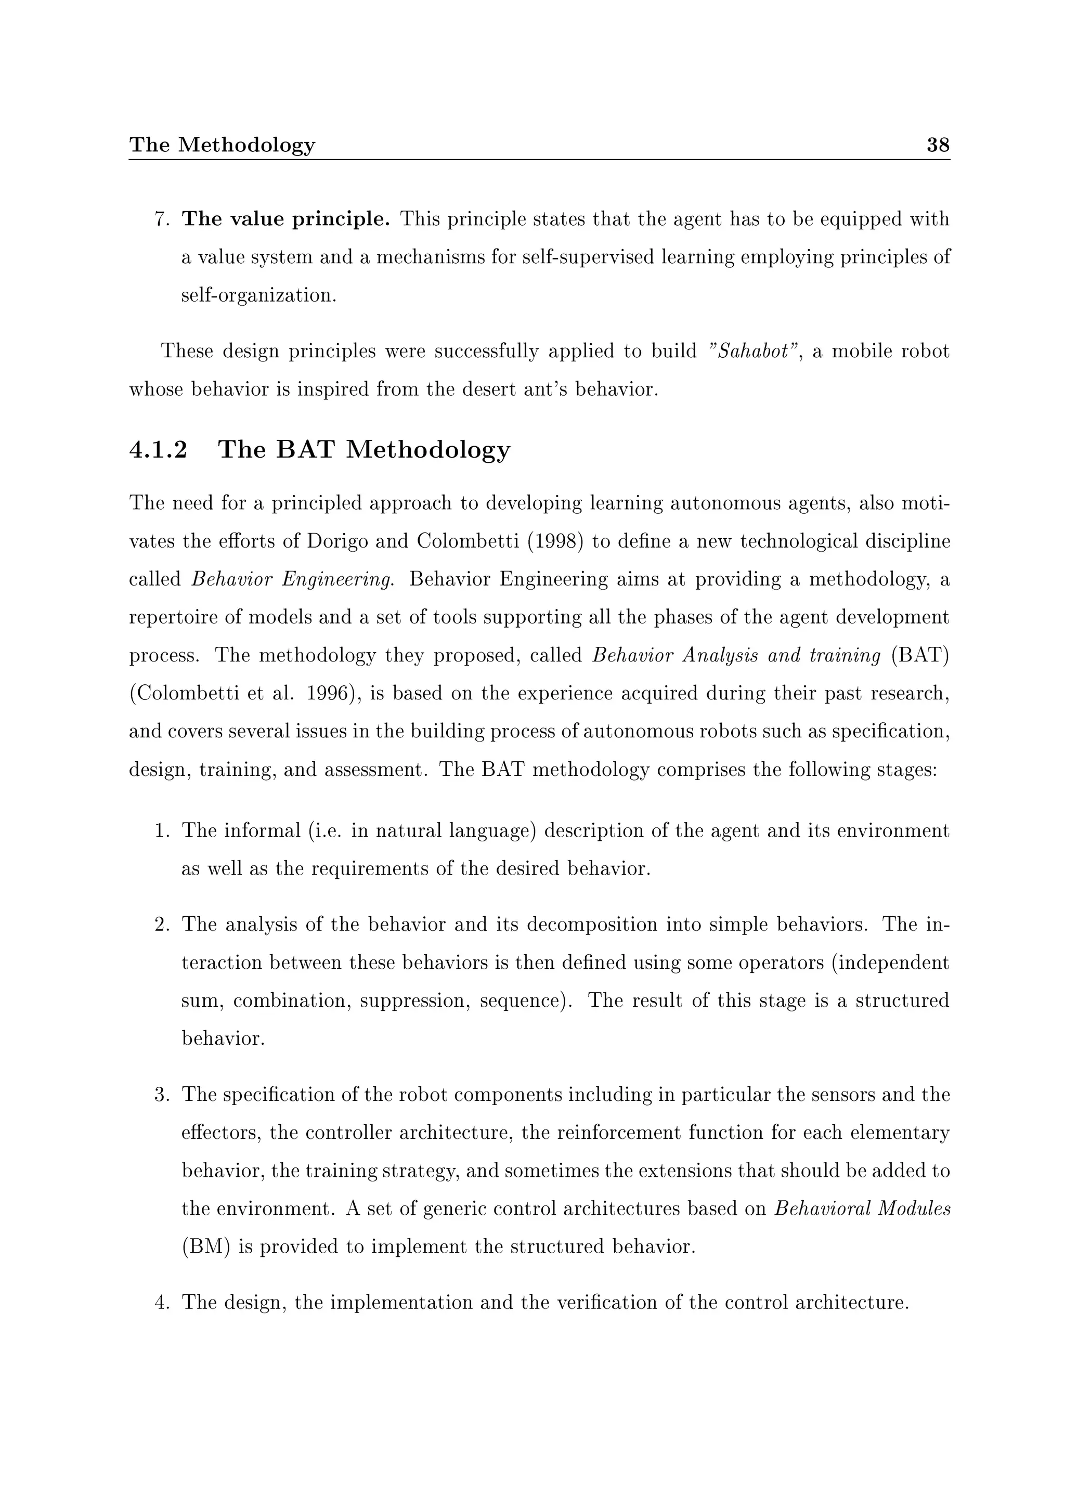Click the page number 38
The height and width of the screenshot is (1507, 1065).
937,145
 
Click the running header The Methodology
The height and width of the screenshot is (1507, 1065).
222,145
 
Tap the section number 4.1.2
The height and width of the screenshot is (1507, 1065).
158,450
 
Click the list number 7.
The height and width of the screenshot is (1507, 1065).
161,219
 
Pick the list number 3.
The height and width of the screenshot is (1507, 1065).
161,1095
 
